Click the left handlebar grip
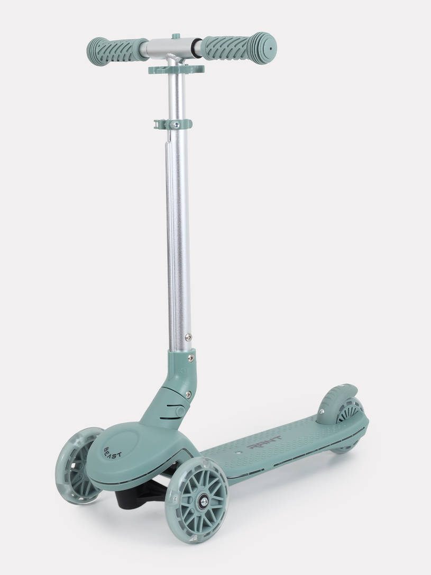click(116, 51)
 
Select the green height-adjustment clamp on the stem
click(173, 124)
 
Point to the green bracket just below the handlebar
click(176, 69)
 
